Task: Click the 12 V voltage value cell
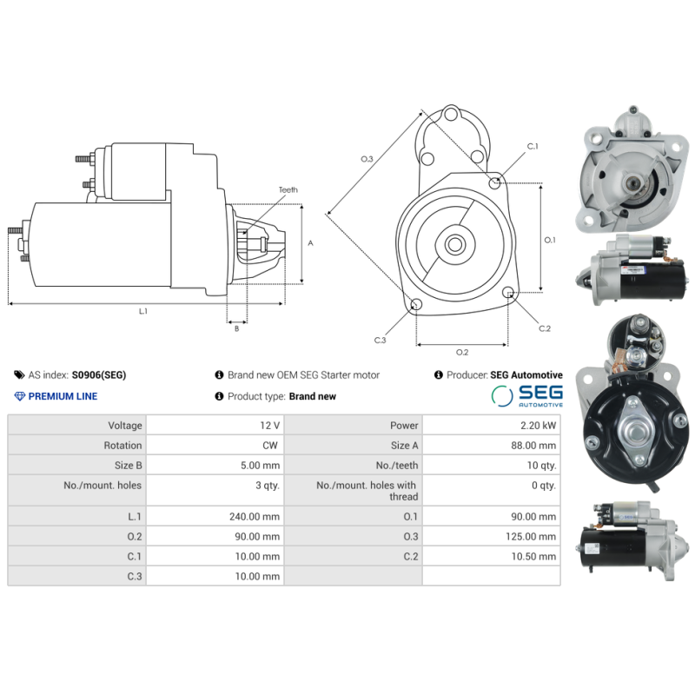pyautogui.click(x=269, y=426)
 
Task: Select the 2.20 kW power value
pyautogui.click(x=539, y=426)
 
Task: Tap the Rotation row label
pyautogui.click(x=124, y=446)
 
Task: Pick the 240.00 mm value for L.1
pyautogui.click(x=255, y=516)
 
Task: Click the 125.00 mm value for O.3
pyautogui.click(x=532, y=537)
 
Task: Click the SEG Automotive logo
pyautogui.click(x=527, y=396)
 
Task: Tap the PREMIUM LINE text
pyautogui.click(x=63, y=396)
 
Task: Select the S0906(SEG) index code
pyautogui.click(x=98, y=375)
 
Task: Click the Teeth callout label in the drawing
pyautogui.click(x=288, y=189)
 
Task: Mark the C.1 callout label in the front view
pyautogui.click(x=533, y=147)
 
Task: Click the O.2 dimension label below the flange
pyautogui.click(x=462, y=352)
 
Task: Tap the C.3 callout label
pyautogui.click(x=380, y=340)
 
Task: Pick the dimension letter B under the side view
pyautogui.click(x=235, y=328)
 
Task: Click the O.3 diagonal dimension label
pyautogui.click(x=367, y=159)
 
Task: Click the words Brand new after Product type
pyautogui.click(x=313, y=396)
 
